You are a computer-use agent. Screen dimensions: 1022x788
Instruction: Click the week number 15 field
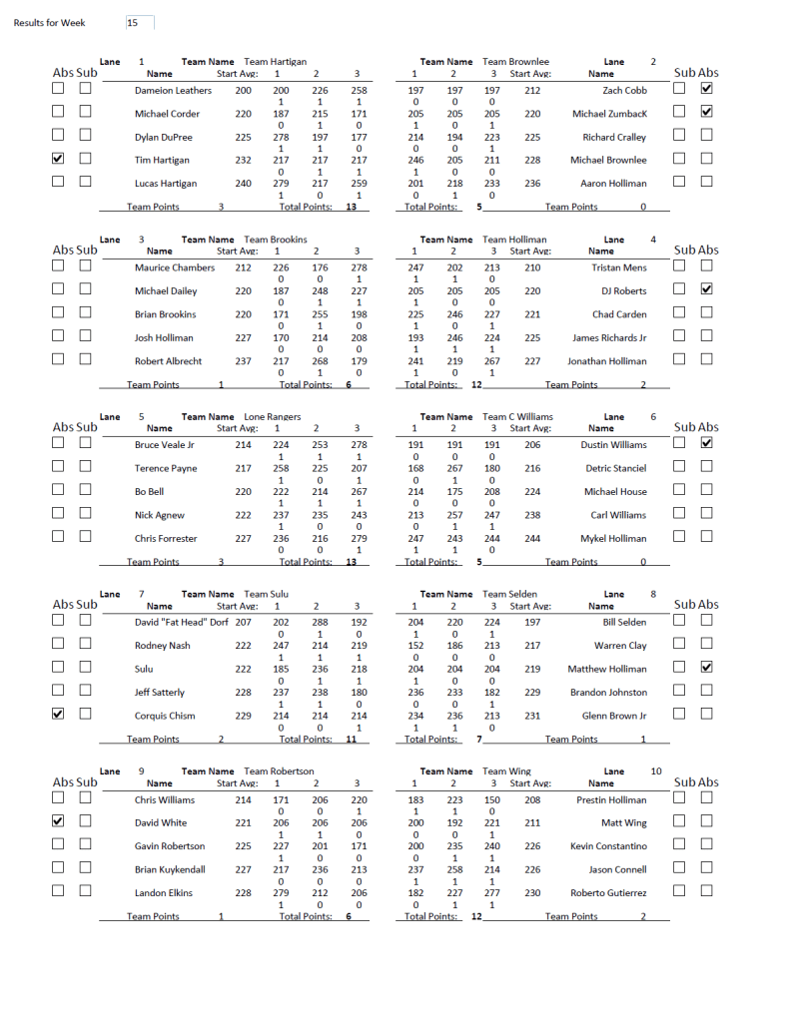point(139,22)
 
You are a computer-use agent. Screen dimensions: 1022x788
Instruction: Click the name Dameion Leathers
point(173,91)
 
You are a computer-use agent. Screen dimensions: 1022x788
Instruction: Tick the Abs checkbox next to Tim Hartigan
point(58,159)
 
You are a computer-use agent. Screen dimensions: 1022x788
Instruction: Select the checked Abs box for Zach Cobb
point(707,89)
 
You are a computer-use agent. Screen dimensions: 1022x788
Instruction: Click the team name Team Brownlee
point(515,62)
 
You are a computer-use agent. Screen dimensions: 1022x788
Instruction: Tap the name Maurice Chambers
point(175,268)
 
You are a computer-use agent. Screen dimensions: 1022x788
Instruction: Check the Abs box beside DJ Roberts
point(707,289)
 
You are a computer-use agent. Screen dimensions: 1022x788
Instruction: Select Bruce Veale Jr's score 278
point(358,446)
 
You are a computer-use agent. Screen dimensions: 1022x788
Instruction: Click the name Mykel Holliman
point(613,539)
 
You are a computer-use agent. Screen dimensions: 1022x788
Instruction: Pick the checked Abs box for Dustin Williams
point(707,443)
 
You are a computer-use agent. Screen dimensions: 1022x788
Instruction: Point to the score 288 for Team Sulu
point(317,623)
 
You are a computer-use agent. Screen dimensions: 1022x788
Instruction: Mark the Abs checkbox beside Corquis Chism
point(58,714)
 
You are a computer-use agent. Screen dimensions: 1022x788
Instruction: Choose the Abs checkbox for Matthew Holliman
point(707,667)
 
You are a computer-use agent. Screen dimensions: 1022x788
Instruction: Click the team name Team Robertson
point(279,771)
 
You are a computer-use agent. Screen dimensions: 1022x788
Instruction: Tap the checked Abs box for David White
point(58,821)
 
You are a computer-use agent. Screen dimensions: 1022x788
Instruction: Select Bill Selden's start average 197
point(532,623)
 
